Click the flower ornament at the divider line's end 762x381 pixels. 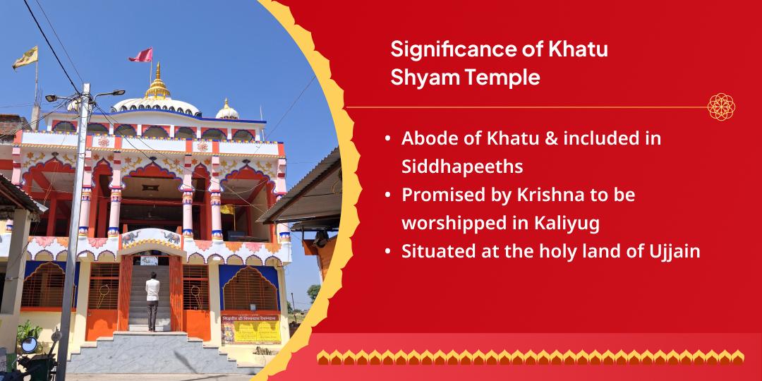722,107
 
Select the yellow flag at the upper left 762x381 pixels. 25,58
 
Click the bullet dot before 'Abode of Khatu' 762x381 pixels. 388,139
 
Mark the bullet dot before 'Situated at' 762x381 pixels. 388,252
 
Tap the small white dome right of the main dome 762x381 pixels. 226,111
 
